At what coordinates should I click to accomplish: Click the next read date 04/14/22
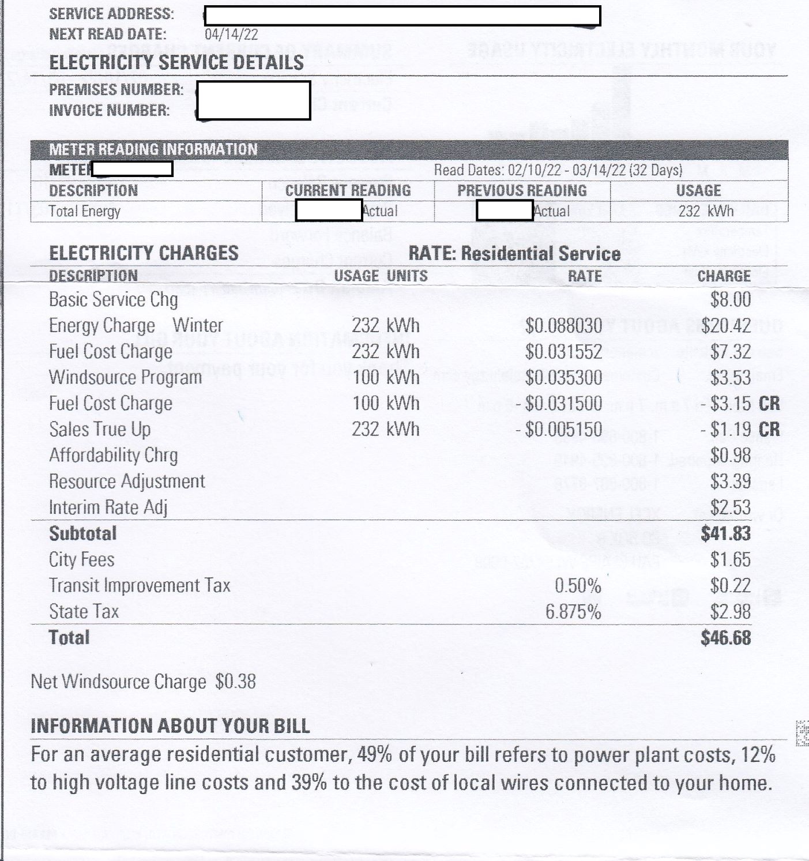(231, 35)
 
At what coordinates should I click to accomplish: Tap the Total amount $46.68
(725, 638)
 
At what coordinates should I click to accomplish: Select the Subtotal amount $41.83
(725, 533)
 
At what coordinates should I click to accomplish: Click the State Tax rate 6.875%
(573, 611)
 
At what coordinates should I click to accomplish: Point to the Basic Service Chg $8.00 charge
(730, 299)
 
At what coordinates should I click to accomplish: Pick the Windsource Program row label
(125, 377)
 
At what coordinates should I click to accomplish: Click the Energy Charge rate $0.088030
(563, 325)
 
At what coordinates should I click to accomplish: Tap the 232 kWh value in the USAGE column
(706, 211)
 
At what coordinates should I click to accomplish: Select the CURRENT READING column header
(348, 190)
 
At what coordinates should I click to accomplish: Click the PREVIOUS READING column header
(522, 190)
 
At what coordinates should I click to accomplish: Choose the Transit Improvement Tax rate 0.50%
(578, 585)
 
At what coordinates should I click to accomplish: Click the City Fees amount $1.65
(730, 559)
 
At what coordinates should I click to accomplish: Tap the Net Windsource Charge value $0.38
(235, 682)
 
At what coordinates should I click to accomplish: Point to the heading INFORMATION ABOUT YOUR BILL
(170, 725)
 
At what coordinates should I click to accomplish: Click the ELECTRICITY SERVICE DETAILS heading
(176, 62)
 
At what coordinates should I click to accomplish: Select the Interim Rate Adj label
(108, 507)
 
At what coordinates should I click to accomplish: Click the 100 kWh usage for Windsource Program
(385, 377)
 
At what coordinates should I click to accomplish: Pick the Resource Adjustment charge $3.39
(730, 481)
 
